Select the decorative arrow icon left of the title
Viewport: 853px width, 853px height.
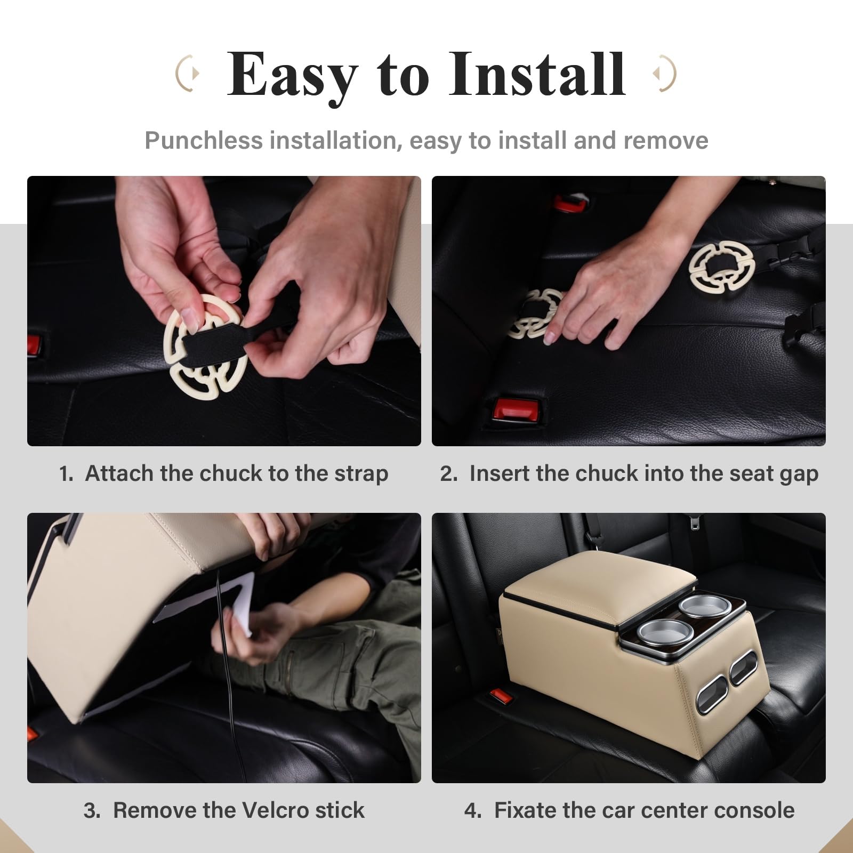[x=188, y=73]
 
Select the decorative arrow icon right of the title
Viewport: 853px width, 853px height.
[x=664, y=73]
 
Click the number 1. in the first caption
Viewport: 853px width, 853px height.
[x=66, y=473]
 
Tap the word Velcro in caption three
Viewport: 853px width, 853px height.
[x=275, y=810]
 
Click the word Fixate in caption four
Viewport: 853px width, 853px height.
[x=525, y=810]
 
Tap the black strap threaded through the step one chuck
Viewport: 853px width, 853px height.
[x=213, y=342]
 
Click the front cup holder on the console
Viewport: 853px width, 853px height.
[x=657, y=632]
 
